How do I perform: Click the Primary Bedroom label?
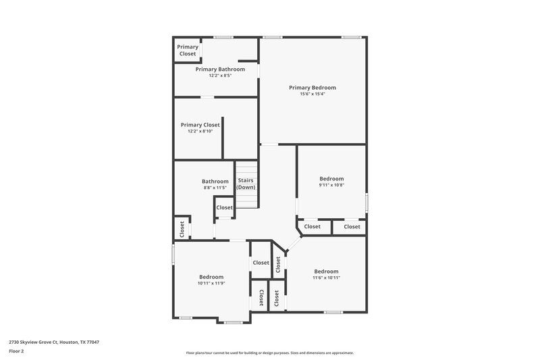click(312, 88)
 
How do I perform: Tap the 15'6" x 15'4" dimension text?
click(312, 94)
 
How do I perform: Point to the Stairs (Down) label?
click(245, 184)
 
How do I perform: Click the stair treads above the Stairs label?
click(246, 169)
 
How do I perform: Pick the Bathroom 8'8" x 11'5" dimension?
click(215, 188)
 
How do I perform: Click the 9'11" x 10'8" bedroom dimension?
click(331, 185)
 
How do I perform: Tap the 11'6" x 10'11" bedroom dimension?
click(326, 278)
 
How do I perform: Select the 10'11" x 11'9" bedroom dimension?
click(211, 283)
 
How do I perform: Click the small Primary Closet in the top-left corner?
click(188, 50)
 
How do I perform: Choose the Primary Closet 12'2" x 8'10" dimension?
click(200, 131)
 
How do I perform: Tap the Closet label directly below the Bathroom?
click(224, 207)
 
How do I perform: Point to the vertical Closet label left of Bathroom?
click(182, 228)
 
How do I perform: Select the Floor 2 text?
click(17, 351)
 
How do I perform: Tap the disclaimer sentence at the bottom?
click(269, 353)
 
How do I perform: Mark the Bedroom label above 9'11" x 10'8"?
click(331, 179)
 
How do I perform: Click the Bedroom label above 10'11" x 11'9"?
click(211, 277)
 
